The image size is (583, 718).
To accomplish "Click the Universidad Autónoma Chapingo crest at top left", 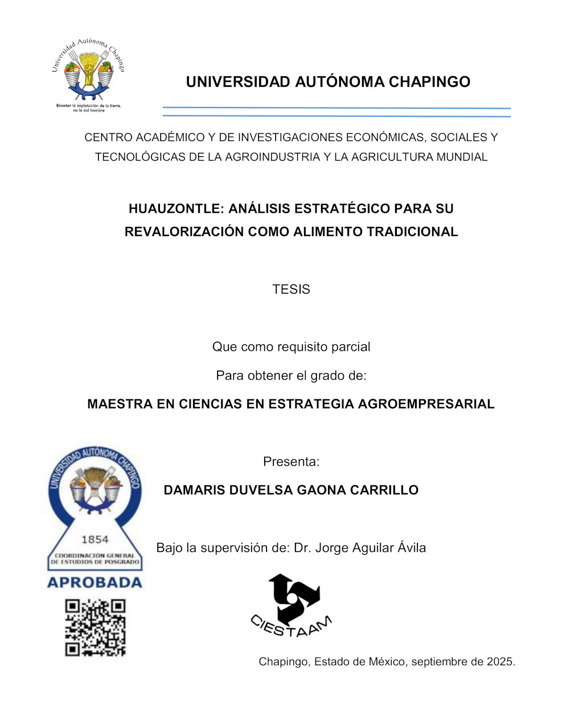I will point(88,71).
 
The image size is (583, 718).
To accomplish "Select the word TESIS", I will point(291,290).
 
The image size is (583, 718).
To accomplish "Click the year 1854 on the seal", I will point(95,539).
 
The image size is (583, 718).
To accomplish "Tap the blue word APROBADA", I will point(95,583).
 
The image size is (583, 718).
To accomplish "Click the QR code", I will point(95,628).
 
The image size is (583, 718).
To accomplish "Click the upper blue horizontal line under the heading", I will point(336,108).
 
